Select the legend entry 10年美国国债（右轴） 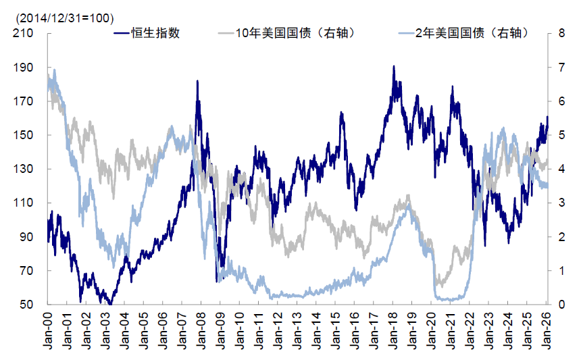(x=295, y=33)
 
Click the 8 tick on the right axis (x=560, y=34)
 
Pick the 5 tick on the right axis (x=560, y=135)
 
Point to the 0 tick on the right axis (x=560, y=305)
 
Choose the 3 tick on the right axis (x=560, y=203)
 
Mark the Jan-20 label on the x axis (x=432, y=331)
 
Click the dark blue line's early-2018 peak (x=393, y=67)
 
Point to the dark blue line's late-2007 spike (x=197, y=81)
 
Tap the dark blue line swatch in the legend (x=121, y=33)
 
